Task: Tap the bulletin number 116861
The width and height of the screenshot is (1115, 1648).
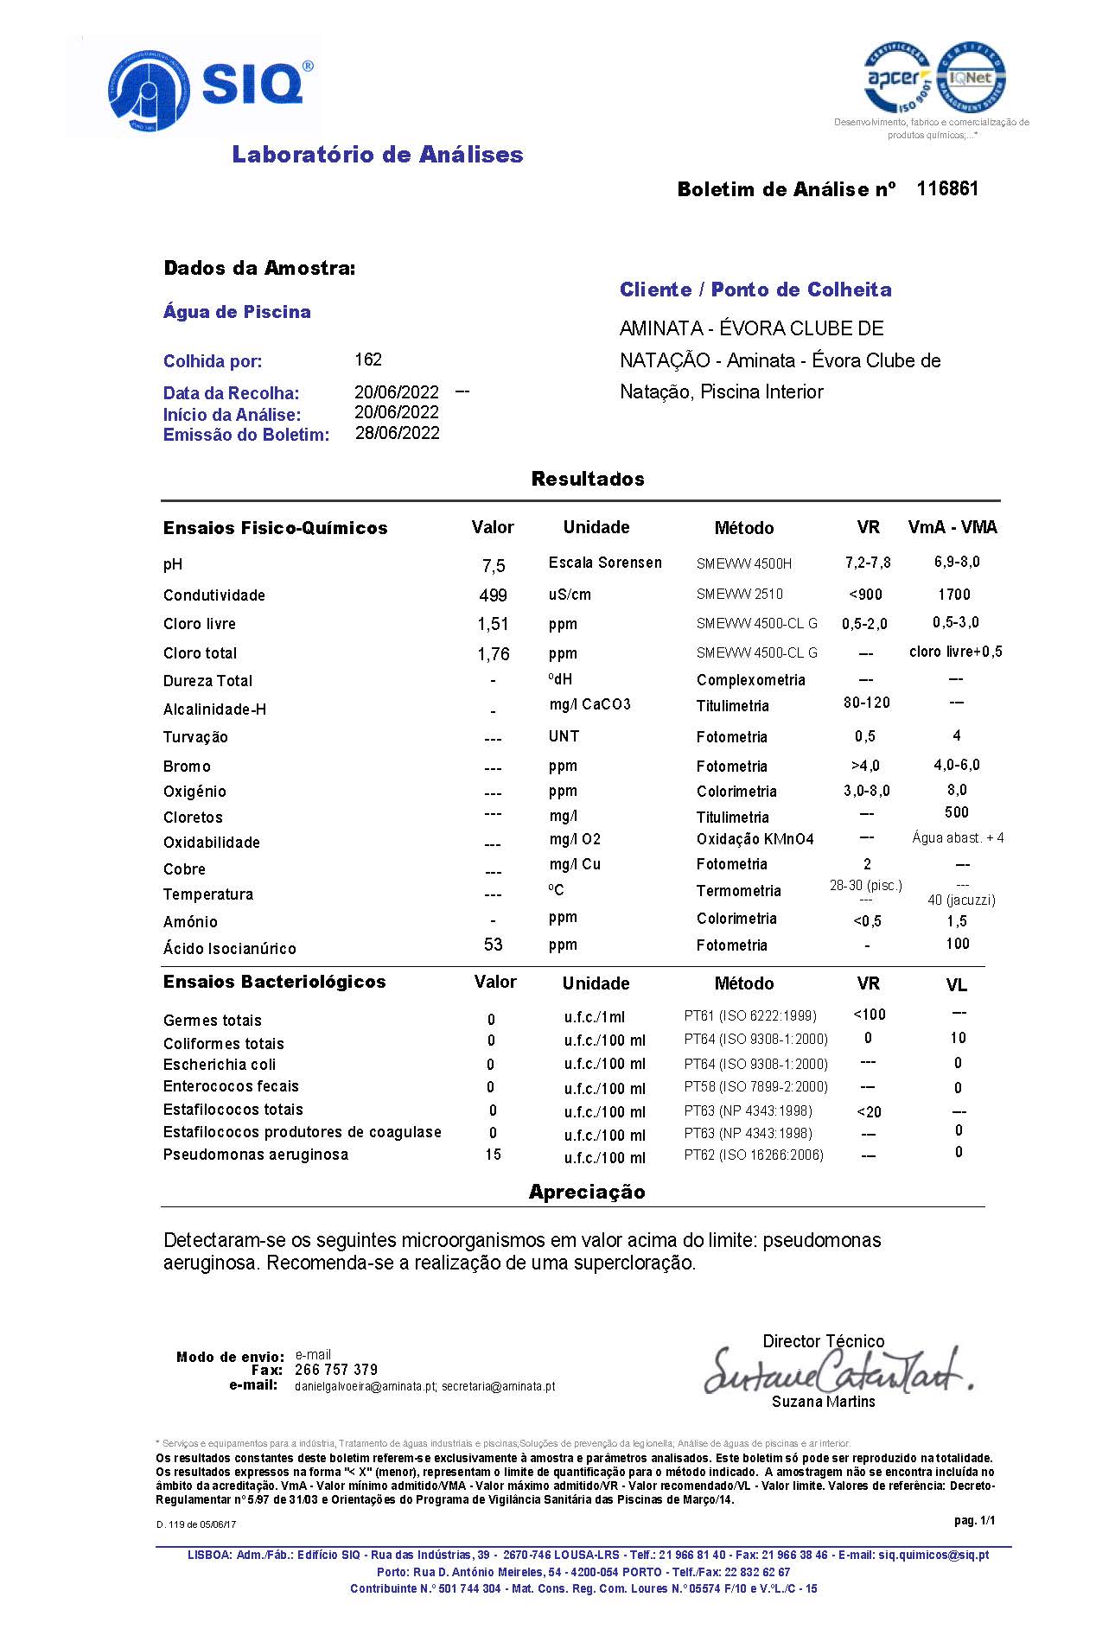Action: point(947,188)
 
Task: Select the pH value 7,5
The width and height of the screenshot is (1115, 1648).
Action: point(494,566)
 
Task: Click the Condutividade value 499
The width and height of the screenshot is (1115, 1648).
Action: point(493,595)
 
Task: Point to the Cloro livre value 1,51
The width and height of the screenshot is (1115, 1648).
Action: point(493,624)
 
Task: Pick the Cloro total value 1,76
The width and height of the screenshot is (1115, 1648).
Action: point(494,654)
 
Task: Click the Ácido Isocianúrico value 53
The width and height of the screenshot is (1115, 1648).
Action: point(494,945)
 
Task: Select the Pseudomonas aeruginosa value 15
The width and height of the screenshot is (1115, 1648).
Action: point(493,1155)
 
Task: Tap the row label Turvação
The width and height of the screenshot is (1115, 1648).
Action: point(195,737)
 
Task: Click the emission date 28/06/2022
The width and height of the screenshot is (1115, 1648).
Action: point(397,433)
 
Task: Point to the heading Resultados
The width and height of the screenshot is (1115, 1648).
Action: point(588,479)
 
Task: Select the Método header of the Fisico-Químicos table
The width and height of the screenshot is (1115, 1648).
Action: point(743,528)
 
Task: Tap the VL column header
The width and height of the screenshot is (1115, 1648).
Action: point(956,985)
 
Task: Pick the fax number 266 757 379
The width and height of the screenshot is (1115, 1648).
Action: point(336,1370)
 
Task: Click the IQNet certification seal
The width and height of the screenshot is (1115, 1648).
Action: point(972,78)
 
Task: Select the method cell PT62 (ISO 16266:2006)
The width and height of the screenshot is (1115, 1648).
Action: point(754,1155)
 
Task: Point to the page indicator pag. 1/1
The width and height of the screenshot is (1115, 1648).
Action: point(974,1521)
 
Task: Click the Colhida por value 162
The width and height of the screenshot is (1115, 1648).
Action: point(368,360)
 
